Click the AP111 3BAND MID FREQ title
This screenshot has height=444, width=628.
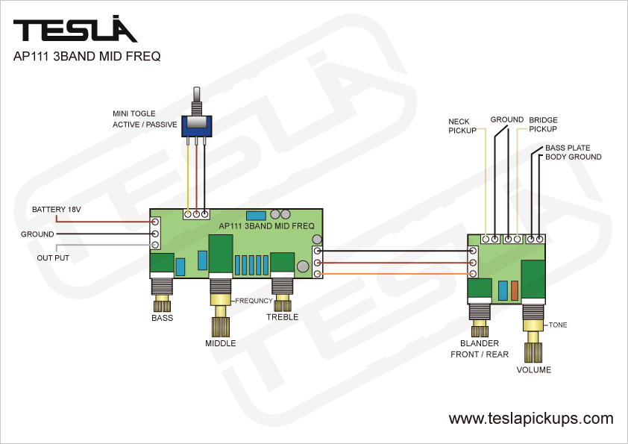pos(87,56)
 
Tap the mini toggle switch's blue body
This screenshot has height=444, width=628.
pos(197,125)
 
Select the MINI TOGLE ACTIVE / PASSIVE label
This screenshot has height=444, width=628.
pos(145,119)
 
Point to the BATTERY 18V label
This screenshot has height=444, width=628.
pos(56,210)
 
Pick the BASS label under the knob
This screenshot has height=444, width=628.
pos(162,318)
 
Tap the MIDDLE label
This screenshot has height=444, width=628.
pos(220,343)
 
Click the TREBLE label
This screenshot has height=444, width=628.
pos(282,317)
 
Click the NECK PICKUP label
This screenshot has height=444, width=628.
pos(462,125)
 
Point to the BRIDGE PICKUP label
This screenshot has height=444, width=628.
pos(543,125)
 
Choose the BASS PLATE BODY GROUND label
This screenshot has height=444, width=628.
pos(573,152)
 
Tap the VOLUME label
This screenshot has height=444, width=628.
pos(533,370)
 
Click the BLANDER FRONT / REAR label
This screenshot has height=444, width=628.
pos(479,349)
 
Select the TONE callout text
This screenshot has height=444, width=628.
pos(558,325)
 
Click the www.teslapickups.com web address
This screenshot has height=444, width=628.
pos(531,419)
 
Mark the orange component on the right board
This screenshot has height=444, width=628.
pos(514,290)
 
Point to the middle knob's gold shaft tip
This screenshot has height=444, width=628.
pos(220,328)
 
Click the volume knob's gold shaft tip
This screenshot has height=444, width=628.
pos(534,350)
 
